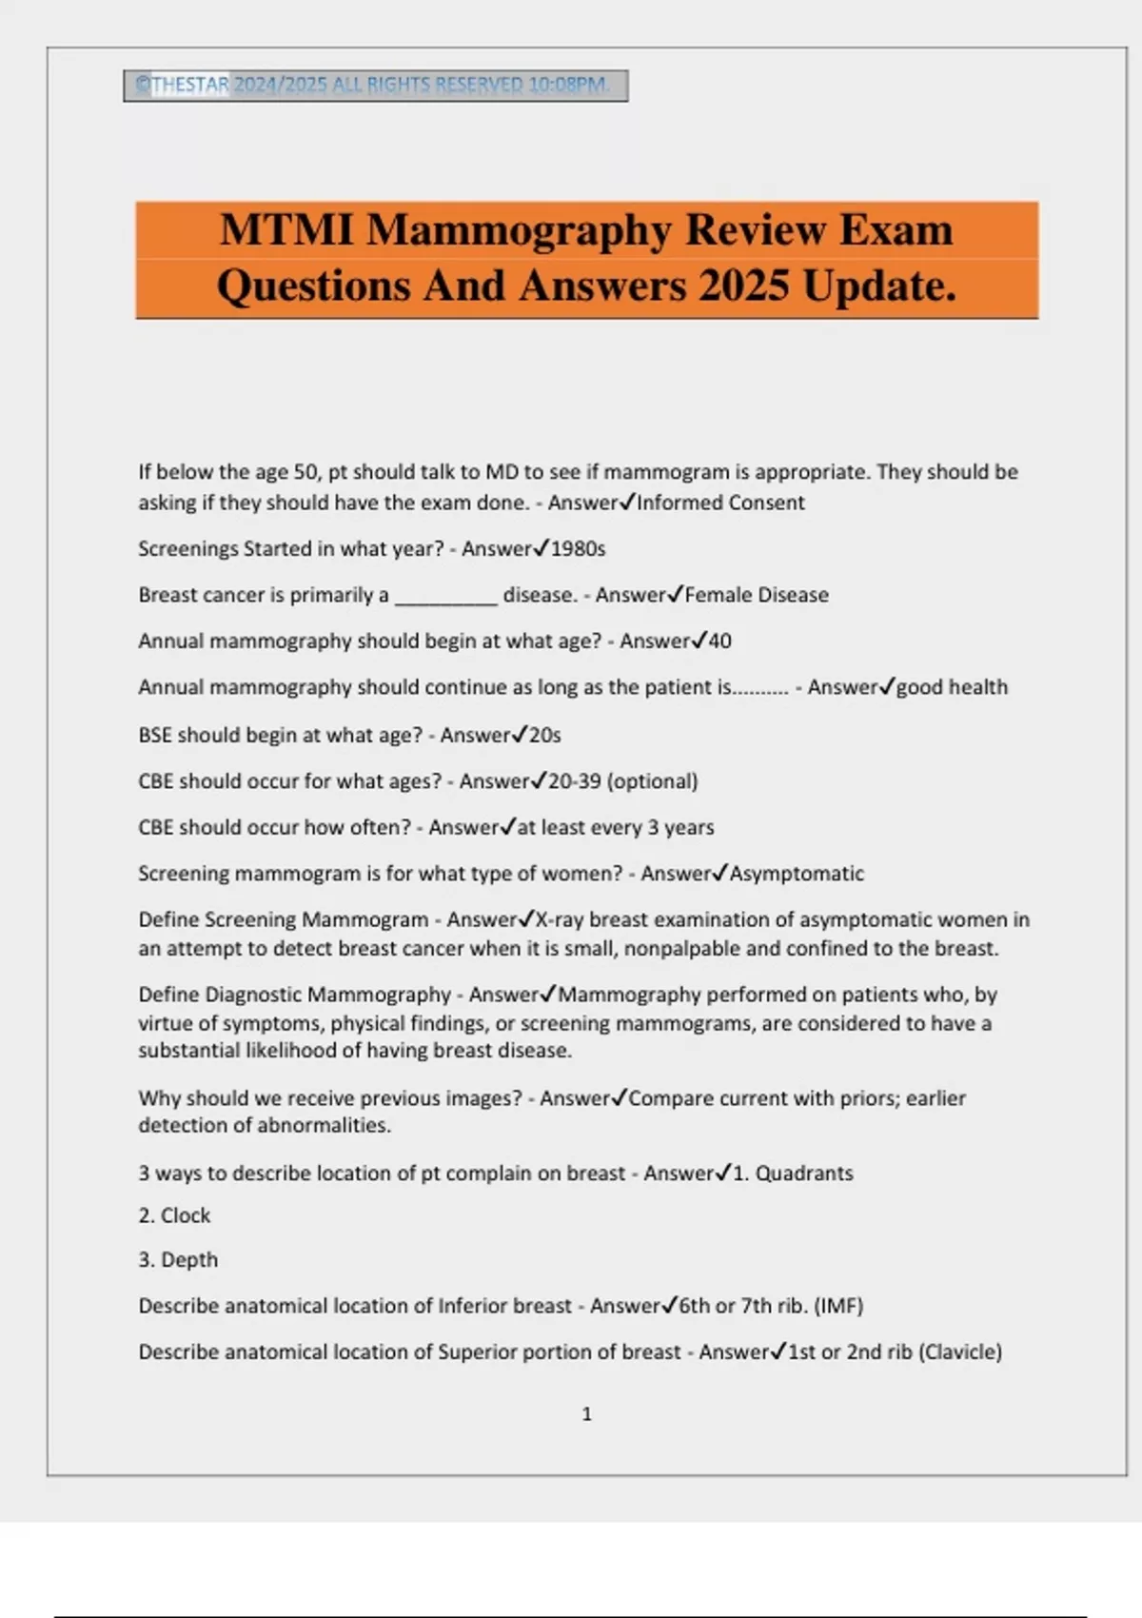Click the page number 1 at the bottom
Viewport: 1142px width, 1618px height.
(586, 1414)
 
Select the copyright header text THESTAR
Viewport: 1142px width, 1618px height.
(189, 85)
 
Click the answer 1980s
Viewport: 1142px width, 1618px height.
(578, 549)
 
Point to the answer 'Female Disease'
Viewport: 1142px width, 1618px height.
(757, 595)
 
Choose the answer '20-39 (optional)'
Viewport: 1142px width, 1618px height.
(622, 781)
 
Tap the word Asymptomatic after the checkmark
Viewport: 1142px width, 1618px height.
(797, 874)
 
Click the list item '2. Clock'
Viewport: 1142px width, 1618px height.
(174, 1215)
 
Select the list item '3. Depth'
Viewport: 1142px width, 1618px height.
(178, 1260)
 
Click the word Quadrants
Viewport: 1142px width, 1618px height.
(804, 1174)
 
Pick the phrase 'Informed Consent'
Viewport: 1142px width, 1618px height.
(720, 503)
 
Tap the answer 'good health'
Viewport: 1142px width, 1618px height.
(952, 687)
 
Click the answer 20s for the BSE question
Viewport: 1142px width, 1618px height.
(545, 736)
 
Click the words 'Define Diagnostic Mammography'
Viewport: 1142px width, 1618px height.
(294, 995)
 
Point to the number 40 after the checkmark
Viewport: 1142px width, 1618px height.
(719, 641)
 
